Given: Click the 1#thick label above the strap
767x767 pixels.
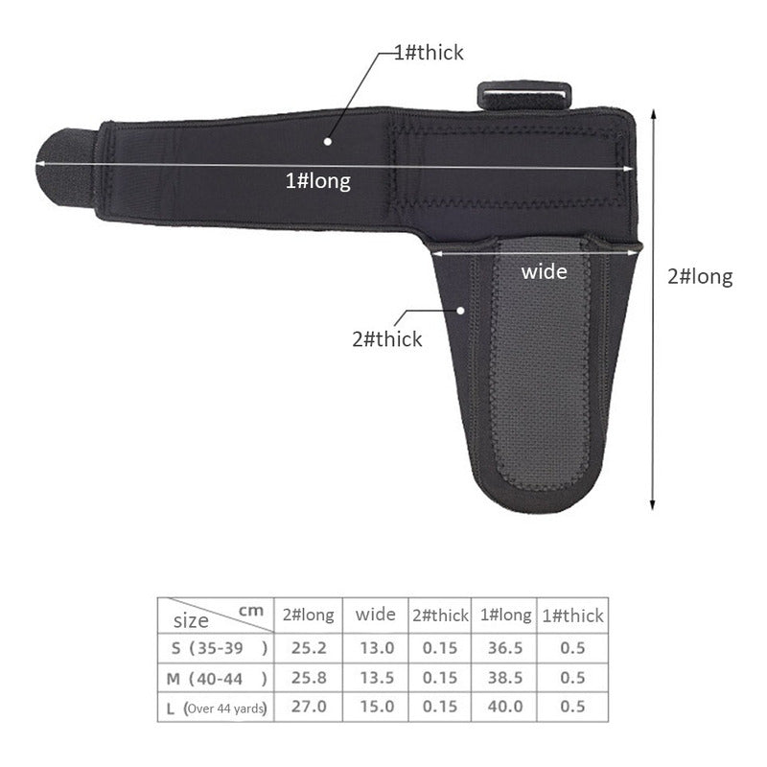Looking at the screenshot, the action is pos(429,53).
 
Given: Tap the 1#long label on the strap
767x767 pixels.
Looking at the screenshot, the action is pos(318,181).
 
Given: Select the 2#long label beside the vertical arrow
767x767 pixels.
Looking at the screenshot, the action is pos(700,277).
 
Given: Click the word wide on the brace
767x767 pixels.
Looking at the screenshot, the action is pos(544,271).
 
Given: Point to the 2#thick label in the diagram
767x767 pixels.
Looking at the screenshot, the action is pos(387,339).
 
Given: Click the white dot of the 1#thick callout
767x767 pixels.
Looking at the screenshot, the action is pos(328,141).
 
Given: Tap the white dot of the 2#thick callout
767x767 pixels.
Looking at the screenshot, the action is pos(460,311).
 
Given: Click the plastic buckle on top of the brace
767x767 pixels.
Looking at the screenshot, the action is pos(523,95).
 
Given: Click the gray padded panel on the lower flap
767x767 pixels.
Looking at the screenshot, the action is pos(541,364).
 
